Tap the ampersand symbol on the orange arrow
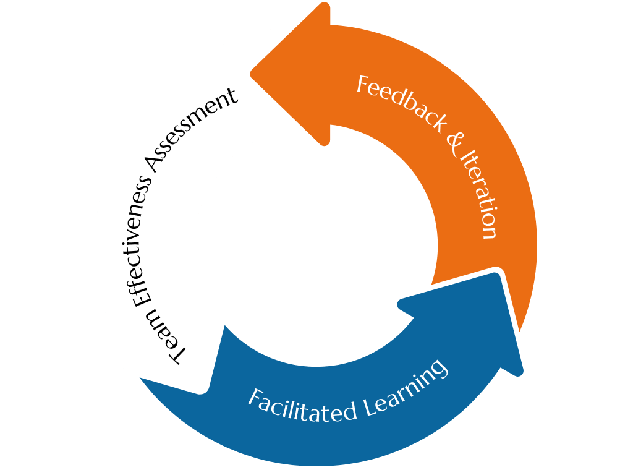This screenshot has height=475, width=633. click(456, 144)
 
